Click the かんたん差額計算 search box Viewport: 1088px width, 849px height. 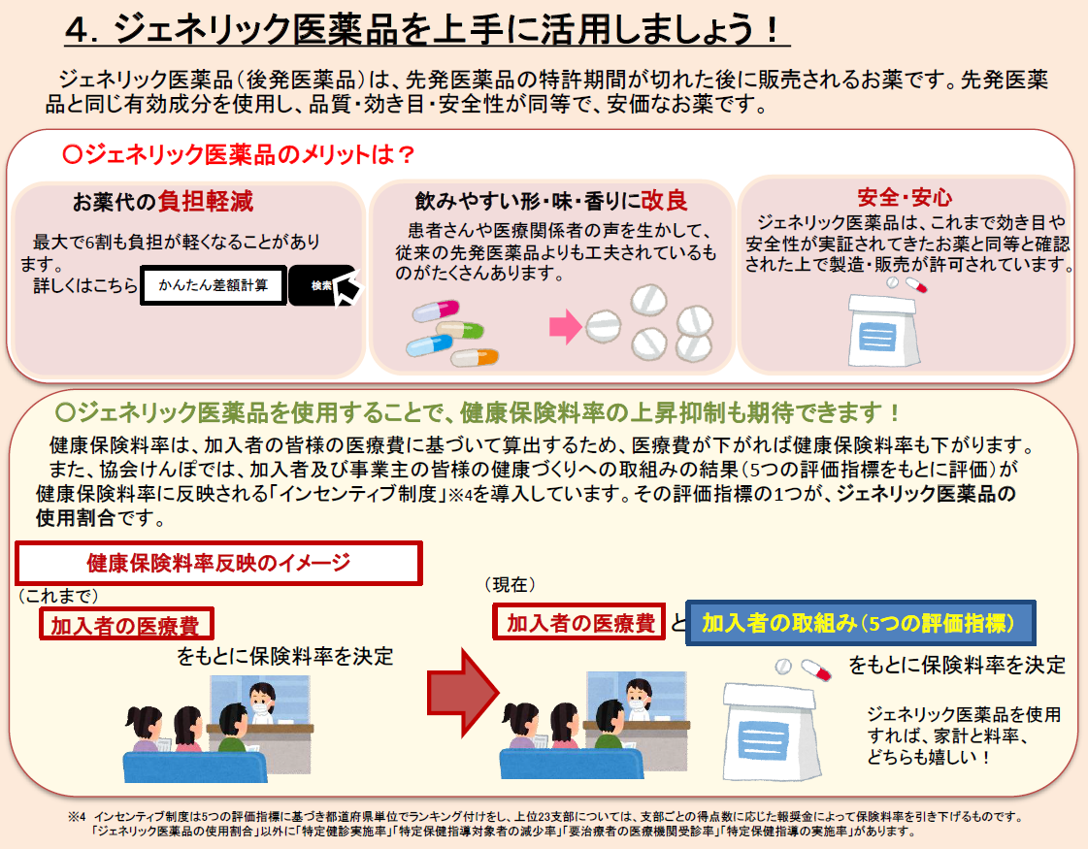click(213, 285)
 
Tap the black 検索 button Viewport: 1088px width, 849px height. click(321, 285)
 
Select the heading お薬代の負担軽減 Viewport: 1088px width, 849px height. click(163, 202)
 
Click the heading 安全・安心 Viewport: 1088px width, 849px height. click(905, 198)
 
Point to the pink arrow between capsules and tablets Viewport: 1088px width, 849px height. click(564, 327)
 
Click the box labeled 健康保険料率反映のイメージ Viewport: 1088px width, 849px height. click(218, 563)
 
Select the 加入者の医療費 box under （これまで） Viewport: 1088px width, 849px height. click(126, 625)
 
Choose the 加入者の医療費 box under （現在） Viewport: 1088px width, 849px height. click(580, 622)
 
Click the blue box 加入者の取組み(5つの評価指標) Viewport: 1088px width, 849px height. click(859, 622)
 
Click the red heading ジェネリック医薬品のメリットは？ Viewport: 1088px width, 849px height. click(239, 154)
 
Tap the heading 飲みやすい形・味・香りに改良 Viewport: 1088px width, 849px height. click(551, 201)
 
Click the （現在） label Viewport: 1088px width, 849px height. click(510, 585)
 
